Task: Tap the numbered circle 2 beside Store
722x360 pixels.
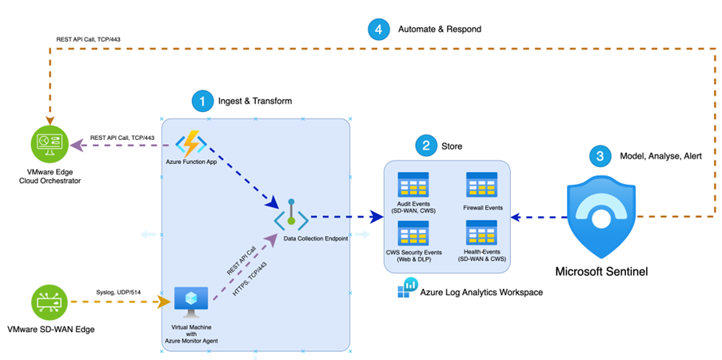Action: [426, 146]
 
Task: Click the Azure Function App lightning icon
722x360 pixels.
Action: [192, 145]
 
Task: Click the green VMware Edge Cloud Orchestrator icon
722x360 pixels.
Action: [47, 146]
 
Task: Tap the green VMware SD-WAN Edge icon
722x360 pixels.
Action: [47, 302]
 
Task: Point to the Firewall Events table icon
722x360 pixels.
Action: [482, 184]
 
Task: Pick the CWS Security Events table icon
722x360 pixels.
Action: [413, 234]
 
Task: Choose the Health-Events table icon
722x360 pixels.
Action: [482, 234]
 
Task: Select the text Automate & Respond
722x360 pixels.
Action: [440, 30]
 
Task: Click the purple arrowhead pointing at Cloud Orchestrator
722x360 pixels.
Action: [75, 146]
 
